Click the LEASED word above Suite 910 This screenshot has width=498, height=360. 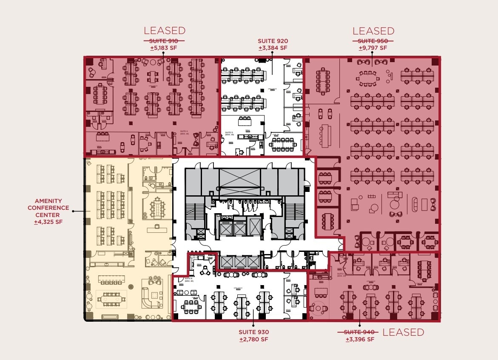pos(164,31)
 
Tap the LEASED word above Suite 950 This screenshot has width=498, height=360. pos(373,31)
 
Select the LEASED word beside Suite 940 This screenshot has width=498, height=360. pos(403,332)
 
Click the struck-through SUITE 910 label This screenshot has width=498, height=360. pos(164,41)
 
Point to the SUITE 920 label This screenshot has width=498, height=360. pos(273,41)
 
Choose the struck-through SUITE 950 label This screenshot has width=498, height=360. pos(373,41)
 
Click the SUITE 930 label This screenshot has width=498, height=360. pos(254,332)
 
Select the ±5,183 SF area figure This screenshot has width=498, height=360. pos(164,48)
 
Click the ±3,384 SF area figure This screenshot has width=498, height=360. pos(273,48)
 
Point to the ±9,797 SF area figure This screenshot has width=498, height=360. pos(373,48)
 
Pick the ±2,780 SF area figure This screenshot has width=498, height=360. pos(254,339)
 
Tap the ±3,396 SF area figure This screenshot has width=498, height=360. pos(360,339)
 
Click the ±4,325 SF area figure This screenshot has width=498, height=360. pos(48,222)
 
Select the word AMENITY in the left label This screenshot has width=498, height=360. pos(48,201)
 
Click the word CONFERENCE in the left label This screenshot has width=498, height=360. pos(48,208)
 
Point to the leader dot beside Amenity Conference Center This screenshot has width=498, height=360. pos(74,211)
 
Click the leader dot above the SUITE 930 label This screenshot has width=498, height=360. pos(254,323)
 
